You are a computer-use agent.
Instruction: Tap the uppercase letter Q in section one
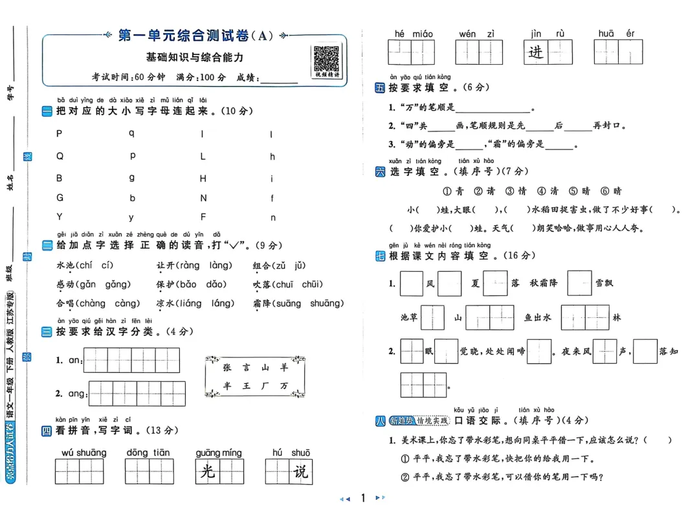pyautogui.click(x=60, y=156)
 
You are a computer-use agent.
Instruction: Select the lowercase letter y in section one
pyautogui.click(x=131, y=218)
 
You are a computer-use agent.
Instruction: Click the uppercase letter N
pyautogui.click(x=203, y=198)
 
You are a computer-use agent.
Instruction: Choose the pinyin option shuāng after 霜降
pyautogui.click(x=327, y=303)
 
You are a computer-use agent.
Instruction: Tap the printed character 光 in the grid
pyautogui.click(x=208, y=471)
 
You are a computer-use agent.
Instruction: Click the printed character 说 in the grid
pyautogui.click(x=300, y=471)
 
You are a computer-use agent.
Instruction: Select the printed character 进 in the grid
pyautogui.click(x=537, y=52)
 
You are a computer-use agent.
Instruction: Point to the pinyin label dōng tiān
pyautogui.click(x=148, y=453)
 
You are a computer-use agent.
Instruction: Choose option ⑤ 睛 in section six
pyautogui.click(x=580, y=191)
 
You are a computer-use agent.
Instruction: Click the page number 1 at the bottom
pyautogui.click(x=363, y=498)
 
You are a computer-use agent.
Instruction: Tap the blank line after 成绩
pyautogui.click(x=278, y=78)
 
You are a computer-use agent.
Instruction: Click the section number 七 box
pyautogui.click(x=380, y=256)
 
